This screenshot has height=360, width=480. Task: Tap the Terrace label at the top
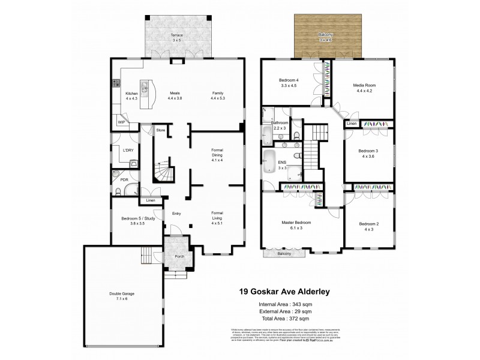pos(176,35)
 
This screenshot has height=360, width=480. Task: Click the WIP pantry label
pos(122,122)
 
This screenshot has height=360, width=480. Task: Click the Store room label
pos(160,130)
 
